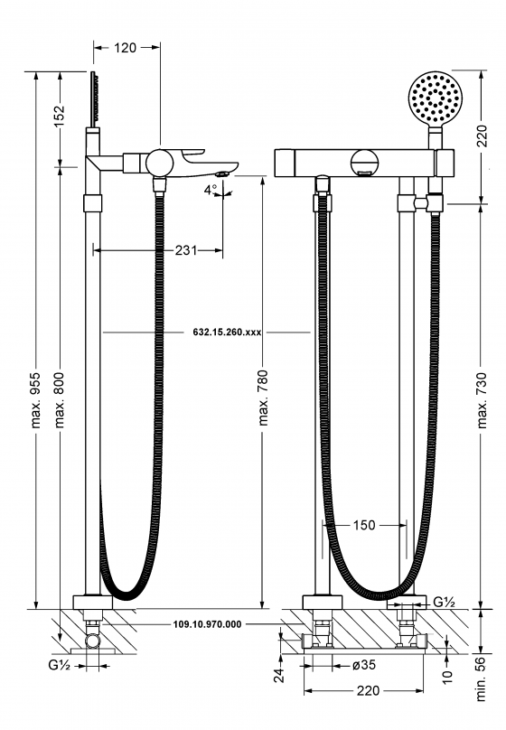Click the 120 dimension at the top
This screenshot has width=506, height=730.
(126, 48)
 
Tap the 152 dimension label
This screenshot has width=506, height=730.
(60, 117)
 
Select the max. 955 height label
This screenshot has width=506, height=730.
(36, 399)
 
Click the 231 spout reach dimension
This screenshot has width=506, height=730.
(186, 250)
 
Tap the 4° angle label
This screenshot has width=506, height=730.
(211, 190)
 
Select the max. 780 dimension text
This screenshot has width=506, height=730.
(264, 398)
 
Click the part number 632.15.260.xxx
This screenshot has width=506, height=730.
(227, 332)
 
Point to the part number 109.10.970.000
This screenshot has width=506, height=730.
(208, 624)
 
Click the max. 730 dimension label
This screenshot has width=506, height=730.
(483, 400)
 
